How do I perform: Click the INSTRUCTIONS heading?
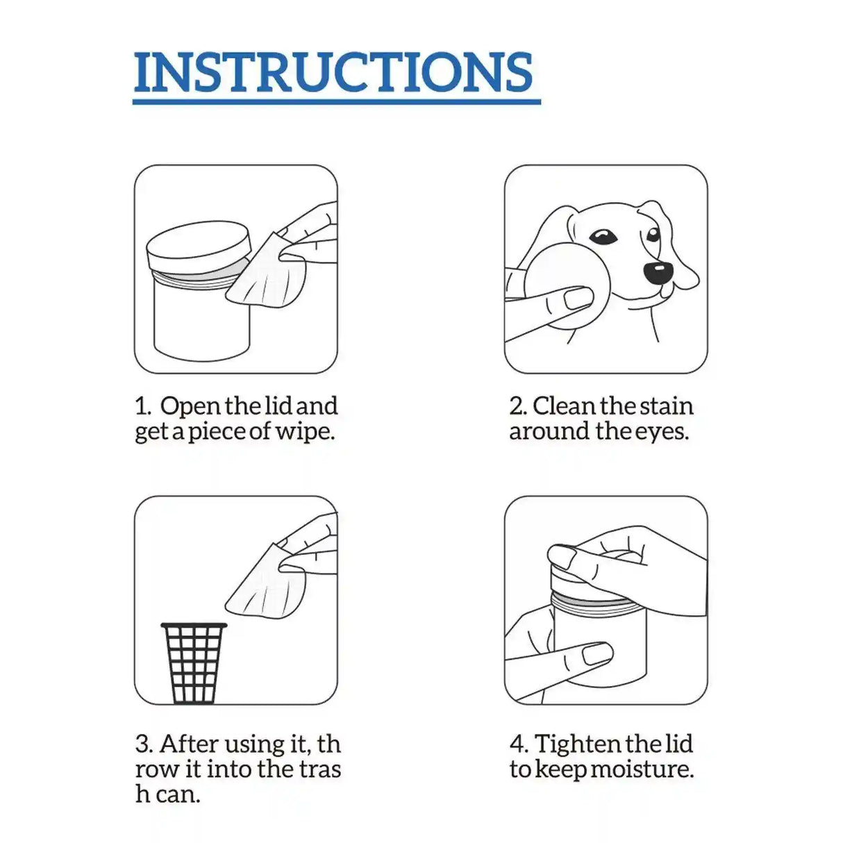tap(333, 72)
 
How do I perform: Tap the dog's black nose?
tap(658, 272)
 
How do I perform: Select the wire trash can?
tap(194, 663)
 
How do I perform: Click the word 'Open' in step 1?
tap(190, 406)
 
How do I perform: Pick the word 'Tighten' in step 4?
tap(577, 744)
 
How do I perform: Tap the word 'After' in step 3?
tap(188, 744)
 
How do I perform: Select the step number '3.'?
tap(144, 744)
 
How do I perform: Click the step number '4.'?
tap(519, 744)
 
